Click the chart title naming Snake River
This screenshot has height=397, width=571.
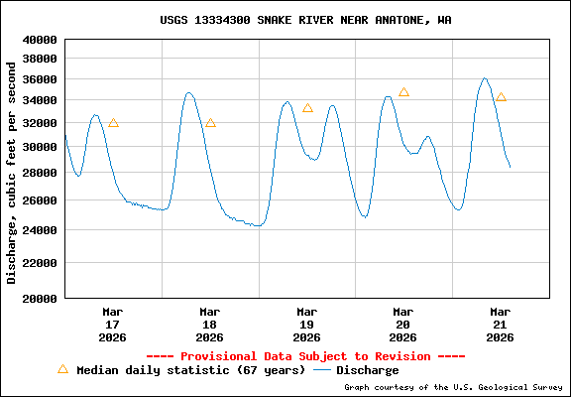click(306, 20)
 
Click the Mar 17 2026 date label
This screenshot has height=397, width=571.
click(112, 325)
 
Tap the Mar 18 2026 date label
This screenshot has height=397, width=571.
click(209, 325)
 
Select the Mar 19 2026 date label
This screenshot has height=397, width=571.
click(306, 325)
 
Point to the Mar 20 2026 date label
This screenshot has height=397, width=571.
click(402, 325)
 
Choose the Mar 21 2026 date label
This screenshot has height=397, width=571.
click(500, 325)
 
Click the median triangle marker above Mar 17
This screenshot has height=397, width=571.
click(113, 123)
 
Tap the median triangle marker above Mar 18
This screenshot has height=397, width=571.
click(210, 123)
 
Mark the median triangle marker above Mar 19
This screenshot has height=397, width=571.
click(307, 108)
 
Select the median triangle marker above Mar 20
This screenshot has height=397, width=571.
click(403, 92)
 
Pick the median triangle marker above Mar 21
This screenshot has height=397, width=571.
click(501, 97)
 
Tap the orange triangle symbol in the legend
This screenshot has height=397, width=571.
click(62, 369)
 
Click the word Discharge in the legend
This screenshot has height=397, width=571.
click(367, 370)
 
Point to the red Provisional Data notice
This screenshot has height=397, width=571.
click(306, 355)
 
